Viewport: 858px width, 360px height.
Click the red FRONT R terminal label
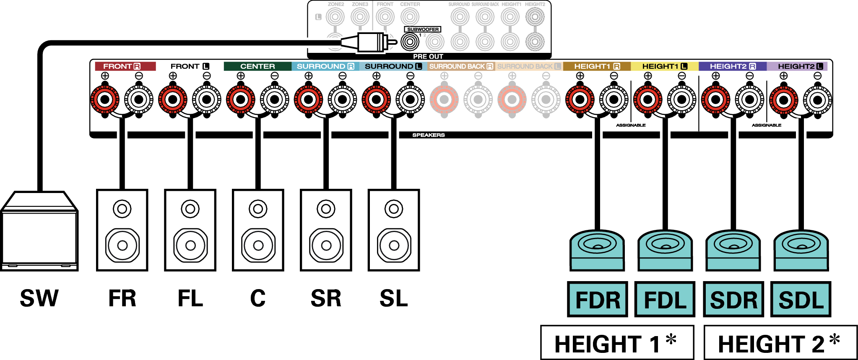pyautogui.click(x=125, y=66)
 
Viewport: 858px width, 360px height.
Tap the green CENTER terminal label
pyautogui.click(x=257, y=66)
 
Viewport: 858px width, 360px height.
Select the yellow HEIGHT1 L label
pyautogui.click(x=665, y=66)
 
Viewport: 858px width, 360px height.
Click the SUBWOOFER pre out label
pyautogui.click(x=423, y=29)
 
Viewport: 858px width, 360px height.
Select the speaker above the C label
pyautogui.click(x=258, y=230)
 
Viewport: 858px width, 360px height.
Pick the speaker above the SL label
pyautogui.click(x=394, y=230)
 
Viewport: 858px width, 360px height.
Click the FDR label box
pyautogui.click(x=598, y=300)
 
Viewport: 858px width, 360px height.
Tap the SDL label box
pyautogui.click(x=801, y=300)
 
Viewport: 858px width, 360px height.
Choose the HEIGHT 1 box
pyautogui.click(x=617, y=343)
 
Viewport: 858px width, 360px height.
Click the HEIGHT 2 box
pyautogui.click(x=780, y=343)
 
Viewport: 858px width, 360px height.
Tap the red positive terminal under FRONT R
pyautogui.click(x=105, y=100)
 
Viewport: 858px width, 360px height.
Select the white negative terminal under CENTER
pyautogui.click(x=275, y=100)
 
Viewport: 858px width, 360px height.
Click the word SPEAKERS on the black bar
pyautogui.click(x=428, y=135)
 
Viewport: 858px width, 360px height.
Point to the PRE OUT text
pyautogui.click(x=428, y=56)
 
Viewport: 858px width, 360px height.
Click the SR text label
pyautogui.click(x=326, y=298)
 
